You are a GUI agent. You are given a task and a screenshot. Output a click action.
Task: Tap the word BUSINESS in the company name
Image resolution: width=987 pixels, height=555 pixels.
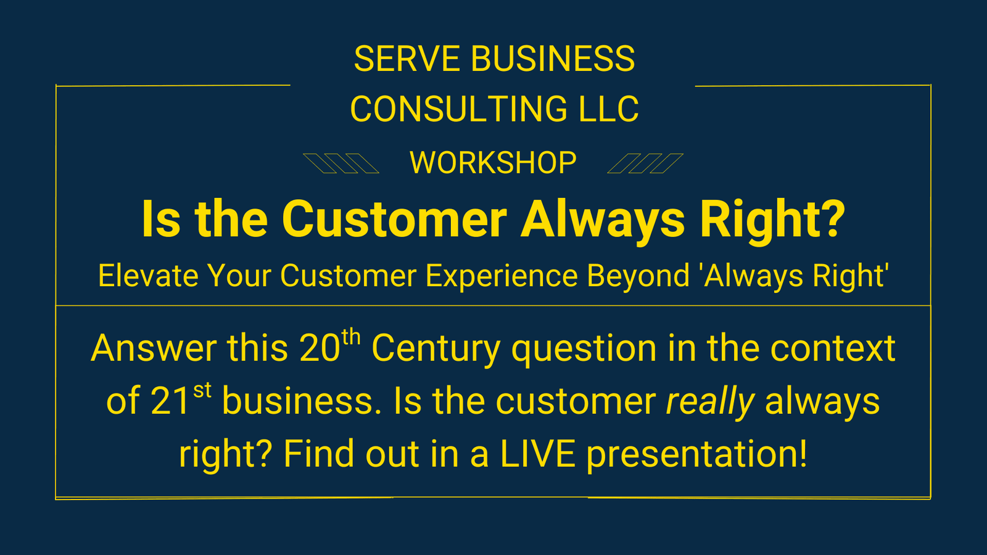click(x=553, y=59)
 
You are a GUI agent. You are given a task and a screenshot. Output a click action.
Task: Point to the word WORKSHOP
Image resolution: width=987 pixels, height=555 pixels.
click(x=493, y=163)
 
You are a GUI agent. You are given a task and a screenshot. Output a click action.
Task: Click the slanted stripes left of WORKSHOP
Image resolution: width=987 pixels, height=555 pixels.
click(x=341, y=163)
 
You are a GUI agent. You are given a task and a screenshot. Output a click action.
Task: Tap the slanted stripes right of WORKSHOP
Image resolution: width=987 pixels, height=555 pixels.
click(x=645, y=163)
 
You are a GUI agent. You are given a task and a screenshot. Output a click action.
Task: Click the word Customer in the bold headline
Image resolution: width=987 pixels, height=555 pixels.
click(x=395, y=219)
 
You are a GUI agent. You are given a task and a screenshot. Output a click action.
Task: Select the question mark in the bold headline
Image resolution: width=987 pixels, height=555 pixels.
click(x=830, y=218)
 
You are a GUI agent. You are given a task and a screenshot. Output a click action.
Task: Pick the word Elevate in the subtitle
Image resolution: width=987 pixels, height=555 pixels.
click(x=148, y=276)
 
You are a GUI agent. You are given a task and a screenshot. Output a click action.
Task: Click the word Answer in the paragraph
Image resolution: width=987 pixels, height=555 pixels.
click(x=154, y=348)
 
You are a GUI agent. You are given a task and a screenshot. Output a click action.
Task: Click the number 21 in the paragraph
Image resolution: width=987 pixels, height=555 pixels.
click(x=170, y=401)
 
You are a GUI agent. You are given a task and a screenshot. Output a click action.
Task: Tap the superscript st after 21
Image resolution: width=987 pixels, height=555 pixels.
click(x=202, y=390)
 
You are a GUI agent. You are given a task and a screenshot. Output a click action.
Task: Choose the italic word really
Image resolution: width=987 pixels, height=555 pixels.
click(x=710, y=403)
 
